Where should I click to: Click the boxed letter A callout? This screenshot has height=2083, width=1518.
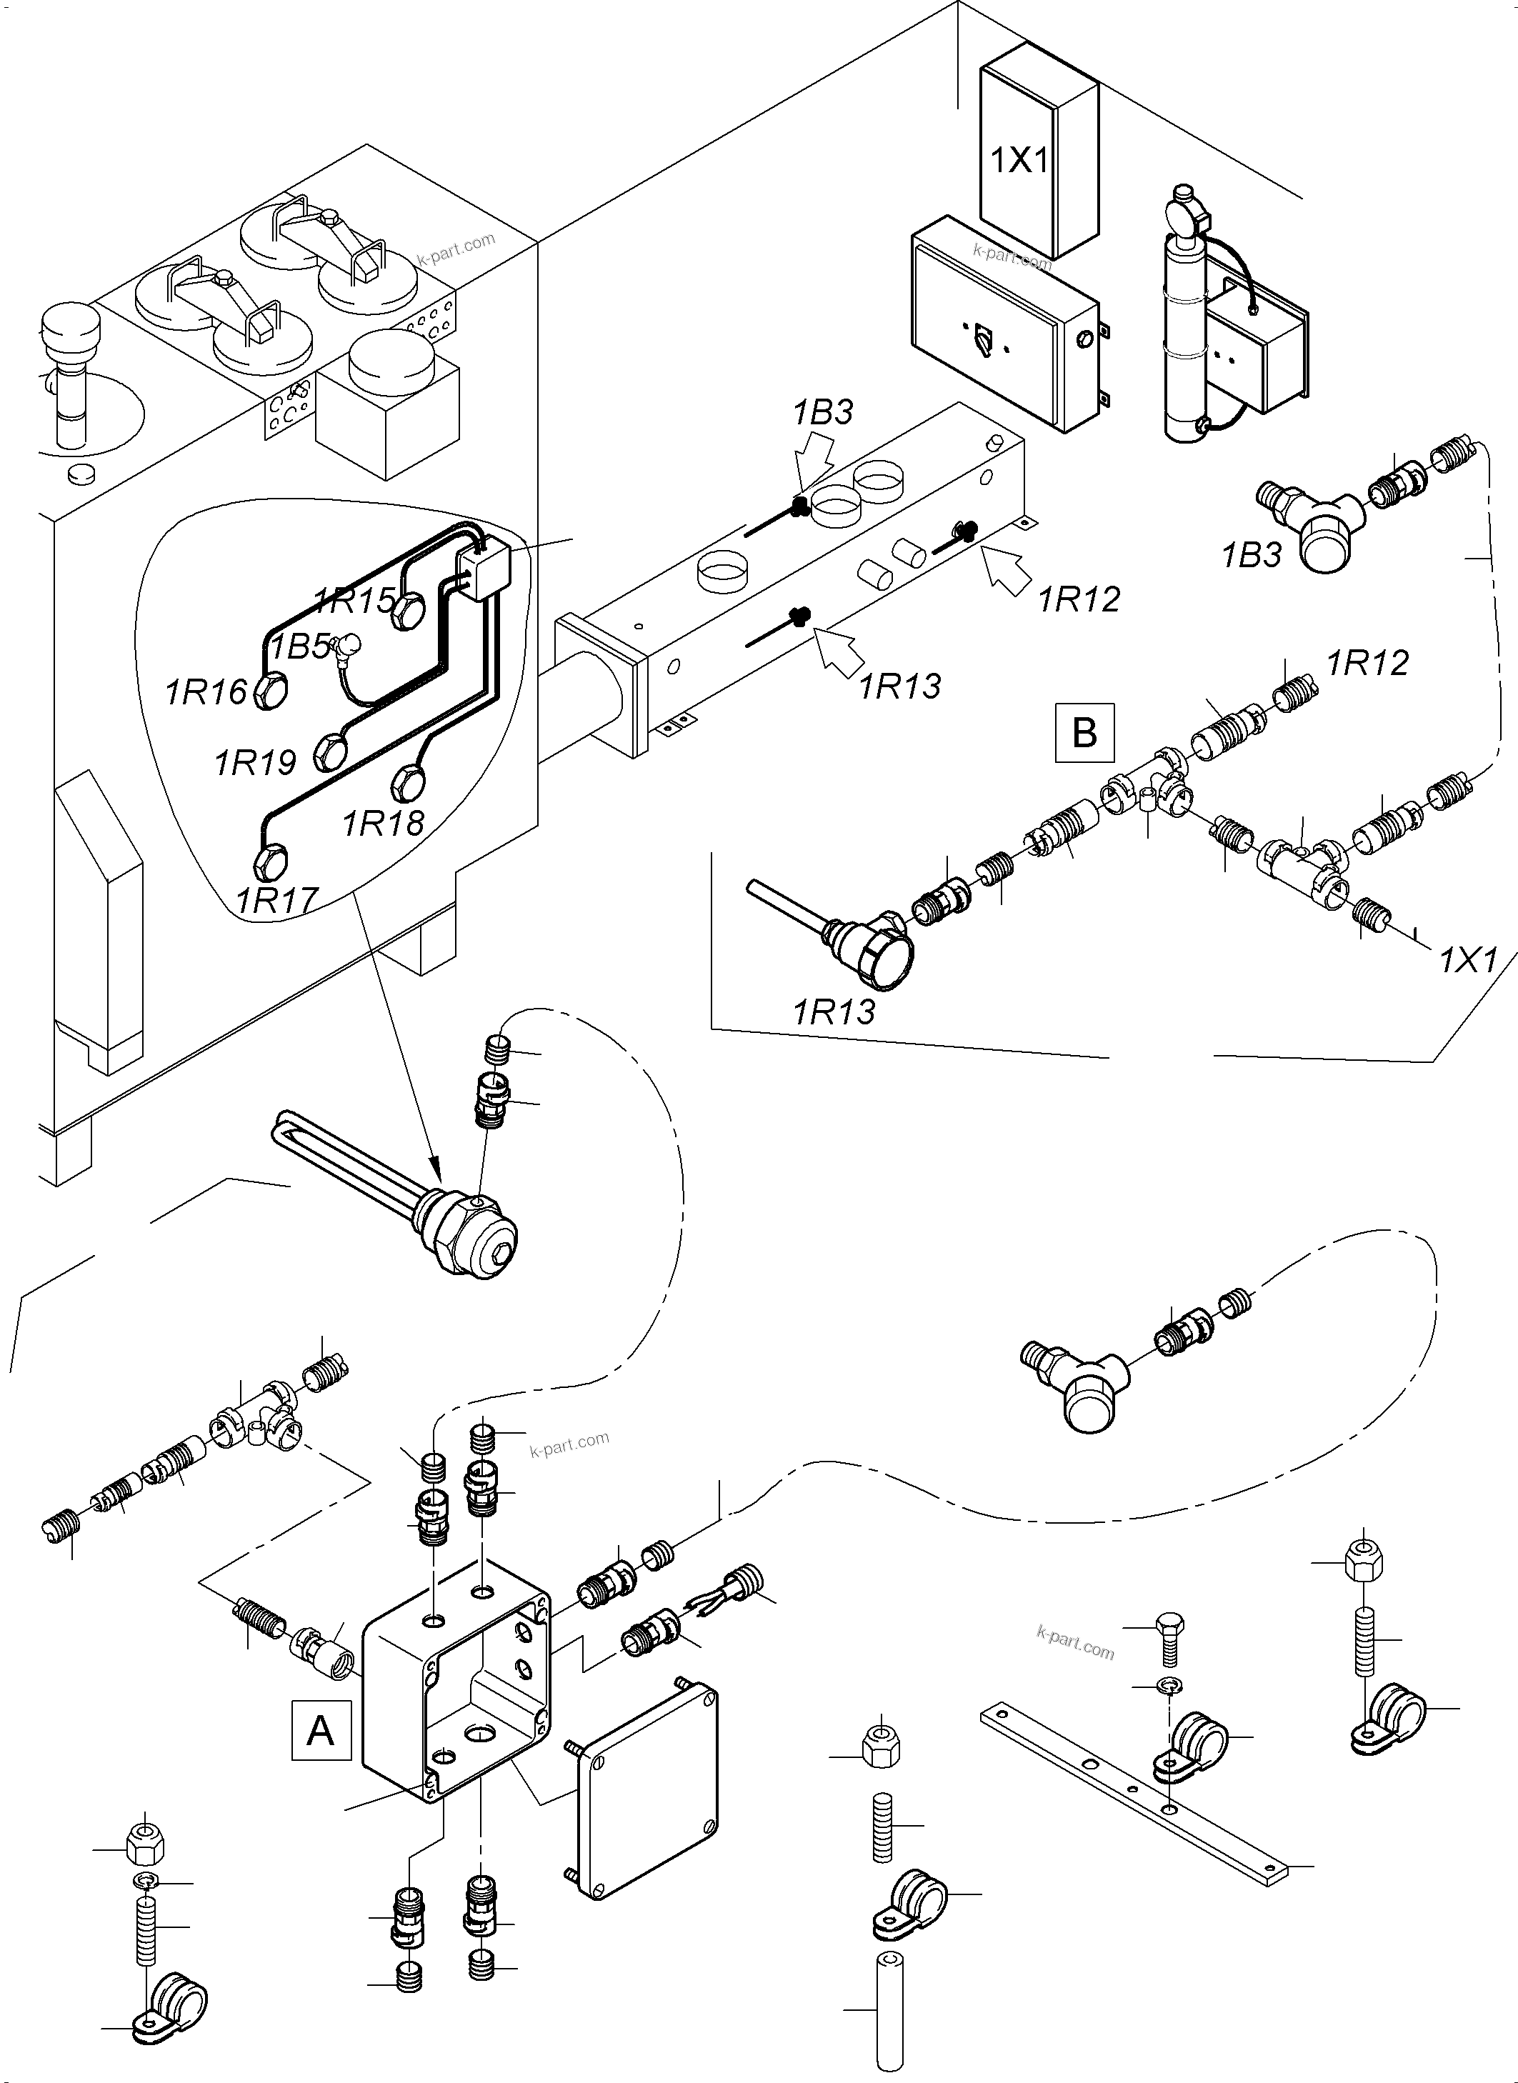321,1730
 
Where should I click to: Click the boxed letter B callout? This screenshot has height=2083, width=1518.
1084,732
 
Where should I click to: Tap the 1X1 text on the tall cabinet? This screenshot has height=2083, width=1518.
1019,161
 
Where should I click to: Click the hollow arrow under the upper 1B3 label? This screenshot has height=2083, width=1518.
816,464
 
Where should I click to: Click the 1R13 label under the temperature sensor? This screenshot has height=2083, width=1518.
834,1012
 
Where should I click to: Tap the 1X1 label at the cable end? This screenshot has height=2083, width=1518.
1467,961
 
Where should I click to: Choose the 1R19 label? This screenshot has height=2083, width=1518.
256,761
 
